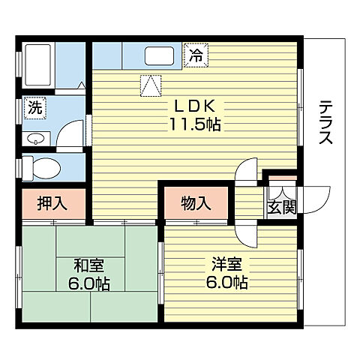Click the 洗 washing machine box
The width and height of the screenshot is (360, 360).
click(34, 107)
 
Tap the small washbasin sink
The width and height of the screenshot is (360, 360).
click(35, 139)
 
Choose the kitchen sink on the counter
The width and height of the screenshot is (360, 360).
click(160, 56)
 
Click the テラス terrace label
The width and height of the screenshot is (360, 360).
click(325, 124)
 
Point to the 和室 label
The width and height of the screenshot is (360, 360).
click(88, 264)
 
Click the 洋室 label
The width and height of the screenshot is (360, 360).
click(227, 264)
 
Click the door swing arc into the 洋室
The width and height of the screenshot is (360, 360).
click(247, 232)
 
